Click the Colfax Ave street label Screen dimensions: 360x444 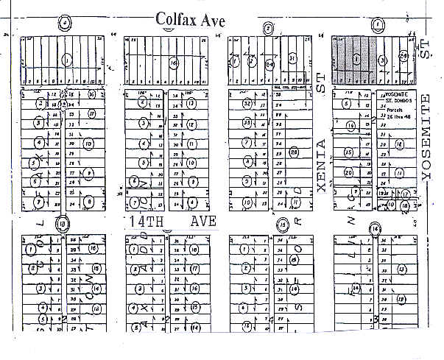[189, 19]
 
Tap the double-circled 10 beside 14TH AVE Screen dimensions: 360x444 [63, 222]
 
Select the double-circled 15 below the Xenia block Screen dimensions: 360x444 [281, 223]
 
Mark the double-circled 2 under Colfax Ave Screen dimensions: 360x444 [269, 29]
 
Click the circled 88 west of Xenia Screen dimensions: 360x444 [293, 152]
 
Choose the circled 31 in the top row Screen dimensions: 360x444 [292, 58]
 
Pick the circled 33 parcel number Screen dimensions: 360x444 [248, 121]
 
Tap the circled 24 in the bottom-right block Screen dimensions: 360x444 [356, 288]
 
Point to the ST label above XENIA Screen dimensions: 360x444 [322, 88]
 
